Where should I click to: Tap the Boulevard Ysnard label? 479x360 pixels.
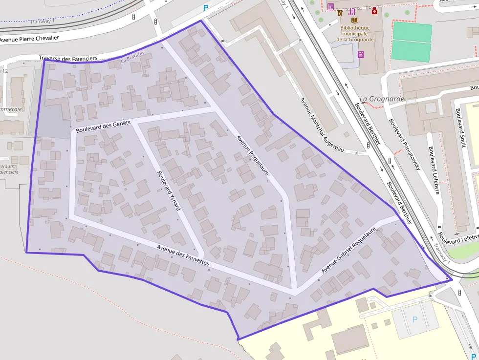169,190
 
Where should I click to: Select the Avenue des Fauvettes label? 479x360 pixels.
183,255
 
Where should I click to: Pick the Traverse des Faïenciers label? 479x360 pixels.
65,59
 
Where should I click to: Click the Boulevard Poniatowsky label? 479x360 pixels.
405,144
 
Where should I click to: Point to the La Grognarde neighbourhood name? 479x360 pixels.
382,99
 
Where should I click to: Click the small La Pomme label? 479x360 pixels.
131,61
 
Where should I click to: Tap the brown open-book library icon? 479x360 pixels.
355,21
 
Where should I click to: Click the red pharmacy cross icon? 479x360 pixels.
374,11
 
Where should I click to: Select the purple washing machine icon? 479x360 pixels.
361,55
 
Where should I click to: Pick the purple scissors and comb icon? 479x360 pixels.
351,12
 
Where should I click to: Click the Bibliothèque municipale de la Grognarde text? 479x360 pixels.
355,34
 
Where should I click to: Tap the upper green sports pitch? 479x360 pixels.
412,32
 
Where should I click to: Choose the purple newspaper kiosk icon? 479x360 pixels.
330,7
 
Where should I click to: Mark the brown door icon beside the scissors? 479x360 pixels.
340,13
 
